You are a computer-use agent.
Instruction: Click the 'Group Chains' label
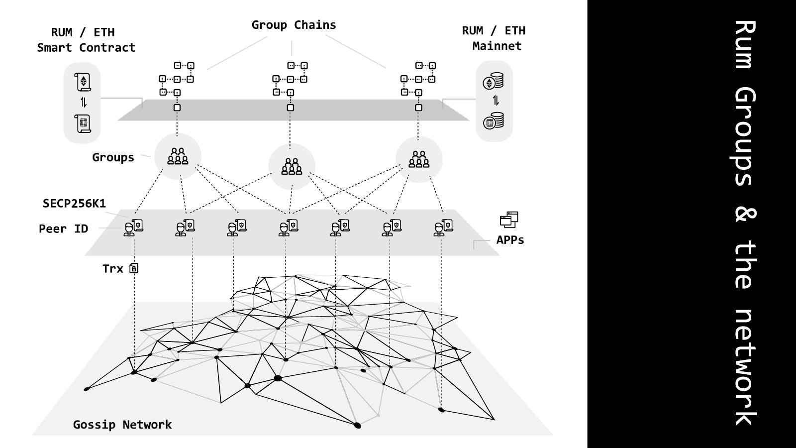(294, 25)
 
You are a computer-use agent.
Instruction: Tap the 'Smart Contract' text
(86, 48)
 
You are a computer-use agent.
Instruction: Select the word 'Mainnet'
(497, 46)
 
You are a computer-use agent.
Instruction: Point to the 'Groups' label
(113, 157)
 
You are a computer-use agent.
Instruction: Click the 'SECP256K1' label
(74, 203)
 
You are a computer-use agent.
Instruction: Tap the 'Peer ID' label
(63, 228)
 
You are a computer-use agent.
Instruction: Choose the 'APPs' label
(510, 240)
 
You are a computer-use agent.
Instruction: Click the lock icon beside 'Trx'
(134, 268)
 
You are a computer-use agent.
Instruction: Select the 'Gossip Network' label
(122, 425)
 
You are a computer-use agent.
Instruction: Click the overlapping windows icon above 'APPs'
(509, 220)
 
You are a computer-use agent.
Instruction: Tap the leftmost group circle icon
(178, 156)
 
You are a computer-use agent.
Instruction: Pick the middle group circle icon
(292, 166)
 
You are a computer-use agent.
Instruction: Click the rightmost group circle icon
(419, 159)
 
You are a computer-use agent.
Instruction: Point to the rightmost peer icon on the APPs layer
(443, 227)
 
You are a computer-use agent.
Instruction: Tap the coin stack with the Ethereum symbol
(493, 81)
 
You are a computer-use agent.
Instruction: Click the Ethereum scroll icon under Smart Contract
(83, 82)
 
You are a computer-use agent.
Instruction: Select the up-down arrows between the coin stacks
(496, 101)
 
